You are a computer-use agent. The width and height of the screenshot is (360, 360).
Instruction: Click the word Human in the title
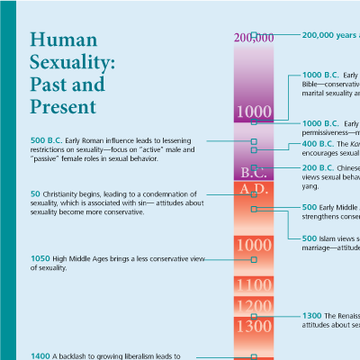[61, 41]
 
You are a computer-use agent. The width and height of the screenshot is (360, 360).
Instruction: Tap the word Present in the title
[63, 107]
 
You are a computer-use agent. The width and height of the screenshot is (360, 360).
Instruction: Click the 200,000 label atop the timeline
[253, 37]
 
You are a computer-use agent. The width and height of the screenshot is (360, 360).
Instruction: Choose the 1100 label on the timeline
[253, 285]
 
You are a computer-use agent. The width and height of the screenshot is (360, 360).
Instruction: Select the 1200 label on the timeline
[253, 307]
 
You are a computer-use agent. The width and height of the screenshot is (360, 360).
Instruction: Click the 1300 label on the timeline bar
[253, 327]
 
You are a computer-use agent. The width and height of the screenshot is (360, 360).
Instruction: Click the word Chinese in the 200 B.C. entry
[350, 168]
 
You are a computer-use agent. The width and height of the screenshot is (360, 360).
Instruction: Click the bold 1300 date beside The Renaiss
[311, 316]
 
